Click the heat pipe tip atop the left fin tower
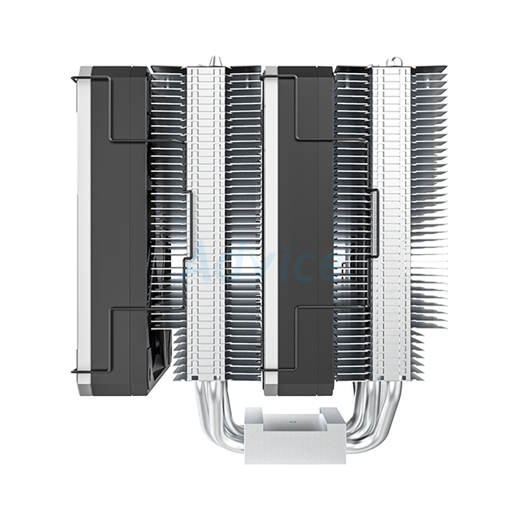[x=211, y=62]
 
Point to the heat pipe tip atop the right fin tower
[x=396, y=62]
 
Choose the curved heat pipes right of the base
[x=373, y=409]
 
